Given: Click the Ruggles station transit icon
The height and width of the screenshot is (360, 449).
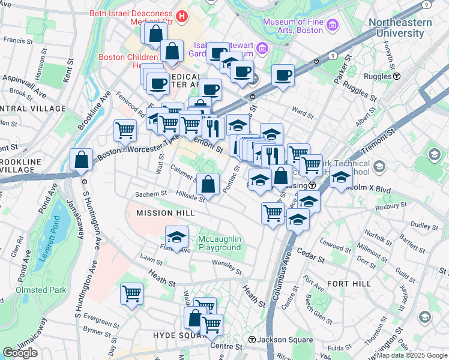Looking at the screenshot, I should pos(397,76).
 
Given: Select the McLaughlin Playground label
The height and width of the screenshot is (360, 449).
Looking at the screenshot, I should pos(220,243).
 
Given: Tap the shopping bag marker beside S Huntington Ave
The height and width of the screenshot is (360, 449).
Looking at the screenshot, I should pos(81,160).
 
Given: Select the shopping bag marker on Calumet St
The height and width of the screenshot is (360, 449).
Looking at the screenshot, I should pos(208,184).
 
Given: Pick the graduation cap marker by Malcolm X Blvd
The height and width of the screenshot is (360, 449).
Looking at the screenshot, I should pos(341,176).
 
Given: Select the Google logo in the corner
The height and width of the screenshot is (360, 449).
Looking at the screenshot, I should pos(20,352).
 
